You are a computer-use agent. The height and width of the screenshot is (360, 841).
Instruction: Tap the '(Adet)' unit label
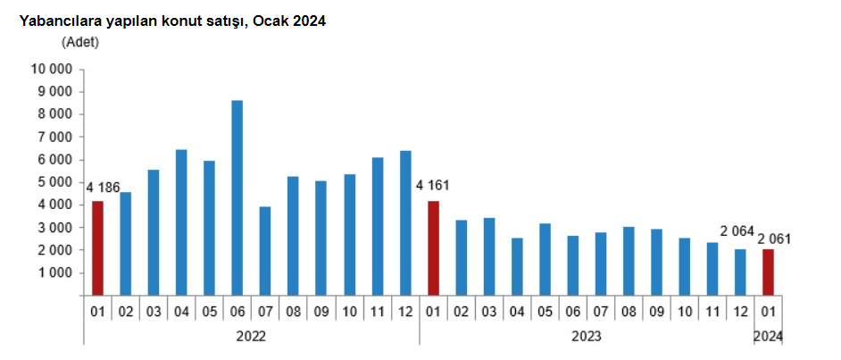(80, 41)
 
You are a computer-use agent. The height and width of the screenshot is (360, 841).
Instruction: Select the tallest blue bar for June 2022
(237, 197)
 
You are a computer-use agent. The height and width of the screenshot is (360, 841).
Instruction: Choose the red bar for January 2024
(768, 272)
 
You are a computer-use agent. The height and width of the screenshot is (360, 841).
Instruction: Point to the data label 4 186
(103, 187)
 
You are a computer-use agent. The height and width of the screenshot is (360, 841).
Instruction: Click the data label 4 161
(433, 187)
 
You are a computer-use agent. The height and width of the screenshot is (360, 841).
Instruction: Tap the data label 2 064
(737, 231)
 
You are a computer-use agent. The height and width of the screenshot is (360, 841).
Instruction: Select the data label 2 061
(774, 239)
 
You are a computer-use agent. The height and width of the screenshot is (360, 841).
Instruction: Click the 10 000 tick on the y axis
(51, 69)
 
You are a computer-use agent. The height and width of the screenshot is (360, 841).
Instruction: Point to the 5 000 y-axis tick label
(54, 182)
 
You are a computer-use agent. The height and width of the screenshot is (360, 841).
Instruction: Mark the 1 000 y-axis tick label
(54, 273)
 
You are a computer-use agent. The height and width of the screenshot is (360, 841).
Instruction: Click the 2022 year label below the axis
(251, 337)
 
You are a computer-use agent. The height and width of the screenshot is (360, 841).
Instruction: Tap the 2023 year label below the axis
(586, 337)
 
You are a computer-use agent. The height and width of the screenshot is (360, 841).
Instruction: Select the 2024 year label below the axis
(768, 337)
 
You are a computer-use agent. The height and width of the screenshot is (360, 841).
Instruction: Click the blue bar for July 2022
(265, 251)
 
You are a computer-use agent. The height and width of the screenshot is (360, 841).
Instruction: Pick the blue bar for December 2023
(740, 272)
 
